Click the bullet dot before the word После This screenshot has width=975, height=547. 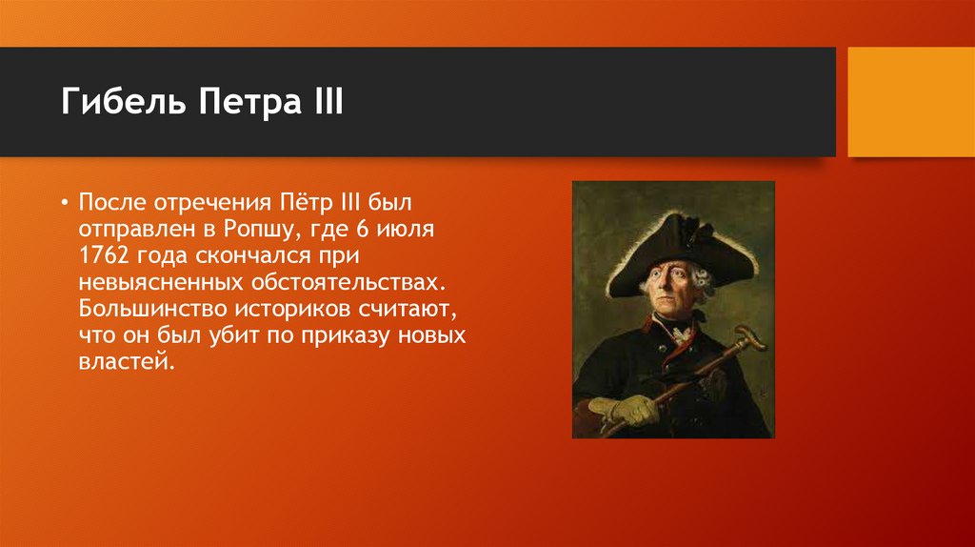pos(65,205)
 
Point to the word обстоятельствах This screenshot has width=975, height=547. pos(347,284)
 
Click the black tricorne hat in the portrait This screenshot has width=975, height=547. pos(667,248)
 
